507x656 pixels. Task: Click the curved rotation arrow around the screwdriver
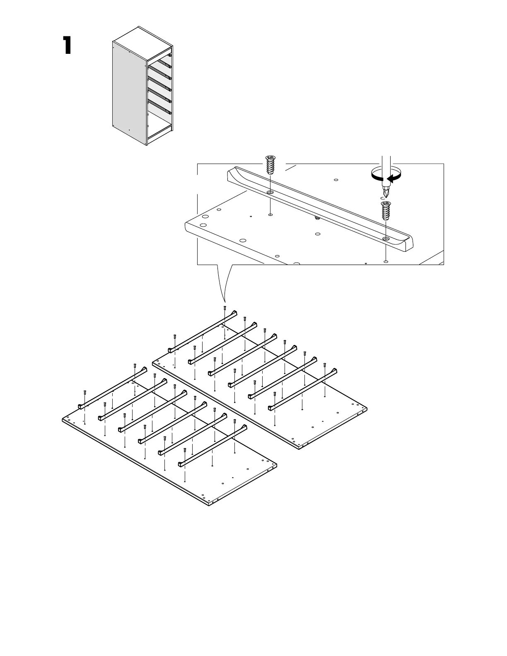(386, 174)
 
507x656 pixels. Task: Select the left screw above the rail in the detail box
(270, 166)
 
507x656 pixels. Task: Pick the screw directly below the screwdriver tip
(386, 211)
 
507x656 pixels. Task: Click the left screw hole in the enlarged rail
(270, 193)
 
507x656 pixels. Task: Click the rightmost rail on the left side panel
(212, 446)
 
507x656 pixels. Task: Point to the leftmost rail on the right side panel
(203, 331)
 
